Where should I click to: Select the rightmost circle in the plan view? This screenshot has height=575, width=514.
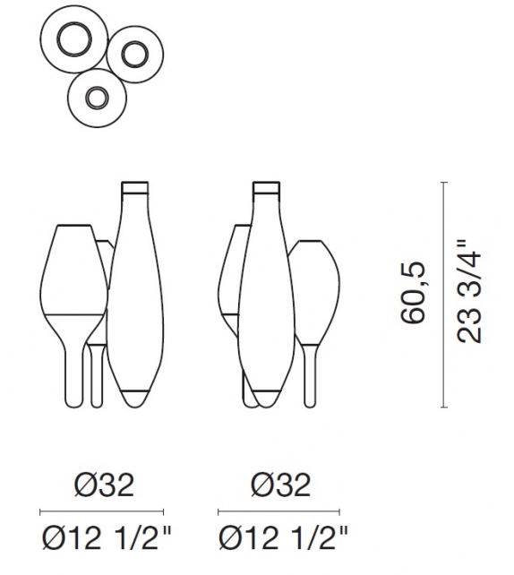click(135, 56)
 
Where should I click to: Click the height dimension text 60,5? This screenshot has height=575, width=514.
click(413, 295)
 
